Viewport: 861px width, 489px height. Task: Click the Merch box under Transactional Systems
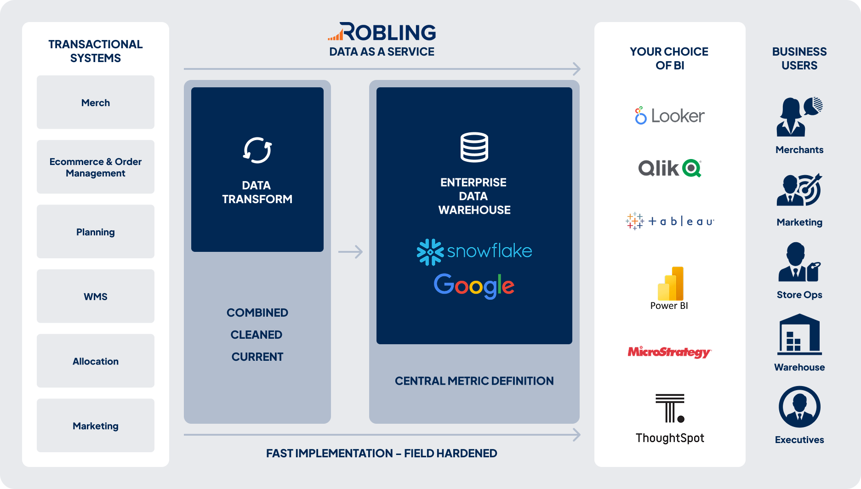(96, 102)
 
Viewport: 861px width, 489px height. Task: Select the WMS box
(96, 296)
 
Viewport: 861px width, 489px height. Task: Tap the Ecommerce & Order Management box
(96, 167)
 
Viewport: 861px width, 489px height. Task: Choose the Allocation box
(96, 361)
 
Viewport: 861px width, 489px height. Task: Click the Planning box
(96, 232)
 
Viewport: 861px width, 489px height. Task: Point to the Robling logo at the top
(382, 32)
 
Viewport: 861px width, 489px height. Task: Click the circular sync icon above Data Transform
(257, 150)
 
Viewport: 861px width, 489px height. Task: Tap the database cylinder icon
(474, 147)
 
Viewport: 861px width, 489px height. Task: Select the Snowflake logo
(474, 251)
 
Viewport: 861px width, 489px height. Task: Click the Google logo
(474, 286)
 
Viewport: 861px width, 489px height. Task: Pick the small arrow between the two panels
(350, 252)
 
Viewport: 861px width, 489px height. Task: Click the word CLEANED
(257, 335)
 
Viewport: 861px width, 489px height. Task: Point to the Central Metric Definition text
(474, 381)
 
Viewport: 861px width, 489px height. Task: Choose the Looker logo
(669, 116)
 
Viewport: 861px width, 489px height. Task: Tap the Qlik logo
(669, 168)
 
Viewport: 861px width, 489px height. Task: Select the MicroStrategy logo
(669, 352)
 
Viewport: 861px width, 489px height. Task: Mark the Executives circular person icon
(799, 407)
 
